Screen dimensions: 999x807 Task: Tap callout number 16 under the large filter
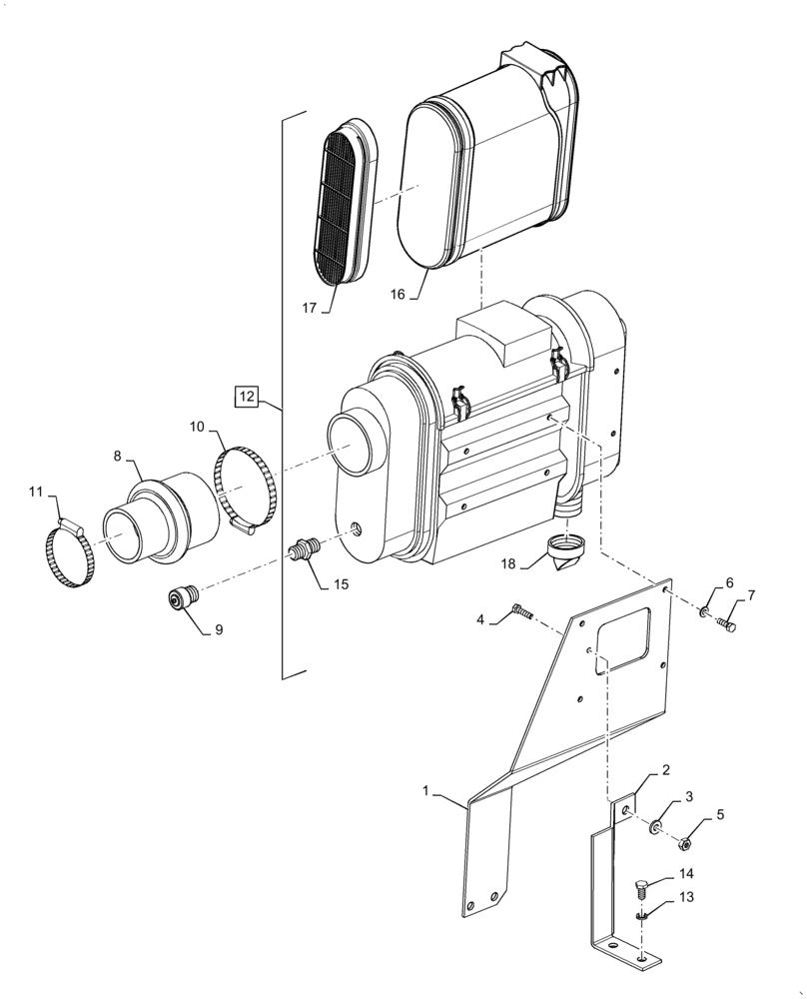(x=397, y=295)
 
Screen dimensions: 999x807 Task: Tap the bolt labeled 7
(x=726, y=625)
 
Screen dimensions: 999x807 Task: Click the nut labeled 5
(x=684, y=844)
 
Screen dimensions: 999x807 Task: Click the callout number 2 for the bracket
(x=664, y=770)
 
